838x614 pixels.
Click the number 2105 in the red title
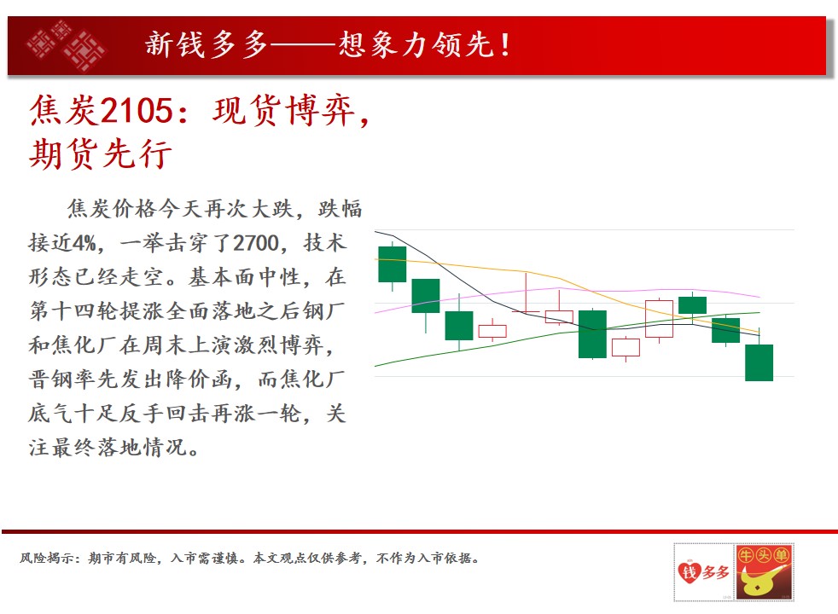coord(137,111)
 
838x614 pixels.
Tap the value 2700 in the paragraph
coord(257,243)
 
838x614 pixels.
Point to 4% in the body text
coord(84,243)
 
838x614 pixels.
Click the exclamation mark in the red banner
coord(505,44)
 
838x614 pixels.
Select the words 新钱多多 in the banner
coord(207,44)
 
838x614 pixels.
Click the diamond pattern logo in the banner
coord(67,45)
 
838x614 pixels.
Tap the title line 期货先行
coord(101,153)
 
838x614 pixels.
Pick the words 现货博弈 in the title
coord(284,111)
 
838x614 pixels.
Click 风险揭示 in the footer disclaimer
coord(47,558)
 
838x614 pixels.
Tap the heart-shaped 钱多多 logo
coord(703,572)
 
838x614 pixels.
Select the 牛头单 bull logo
coord(764,572)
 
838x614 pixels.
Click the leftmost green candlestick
coord(393,264)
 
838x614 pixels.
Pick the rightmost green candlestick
coord(759,362)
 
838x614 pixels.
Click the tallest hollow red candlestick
coord(659,319)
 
